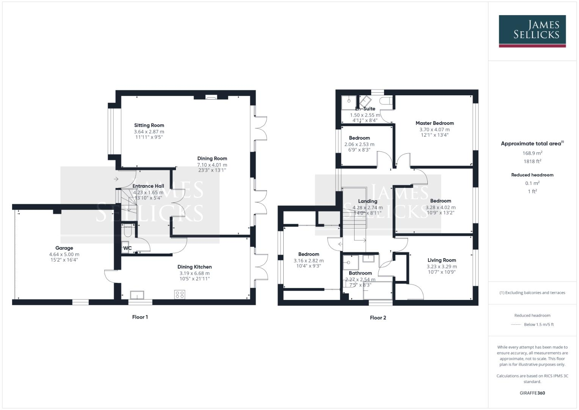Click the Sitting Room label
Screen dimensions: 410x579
coord(149,125)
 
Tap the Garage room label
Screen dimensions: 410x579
coord(64,248)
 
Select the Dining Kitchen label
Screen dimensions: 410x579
coord(195,267)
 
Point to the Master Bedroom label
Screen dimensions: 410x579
coord(435,123)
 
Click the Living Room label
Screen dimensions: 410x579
coord(442,260)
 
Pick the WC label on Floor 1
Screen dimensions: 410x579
coord(127,248)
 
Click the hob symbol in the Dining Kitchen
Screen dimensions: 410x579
coord(180,294)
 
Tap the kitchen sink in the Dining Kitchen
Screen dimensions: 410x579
coord(137,295)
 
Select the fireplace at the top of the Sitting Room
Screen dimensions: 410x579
coord(211,97)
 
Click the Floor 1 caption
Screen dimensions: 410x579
coord(140,317)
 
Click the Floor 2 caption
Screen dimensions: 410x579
coord(378,318)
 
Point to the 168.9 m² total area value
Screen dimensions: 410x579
coord(532,153)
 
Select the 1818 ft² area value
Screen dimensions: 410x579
coord(532,161)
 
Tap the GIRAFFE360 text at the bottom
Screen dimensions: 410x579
coord(532,393)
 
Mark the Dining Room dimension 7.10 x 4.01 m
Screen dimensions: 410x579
coord(212,165)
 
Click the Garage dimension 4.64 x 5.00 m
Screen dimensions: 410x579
coord(64,254)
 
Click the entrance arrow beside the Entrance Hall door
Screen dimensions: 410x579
coord(116,179)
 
